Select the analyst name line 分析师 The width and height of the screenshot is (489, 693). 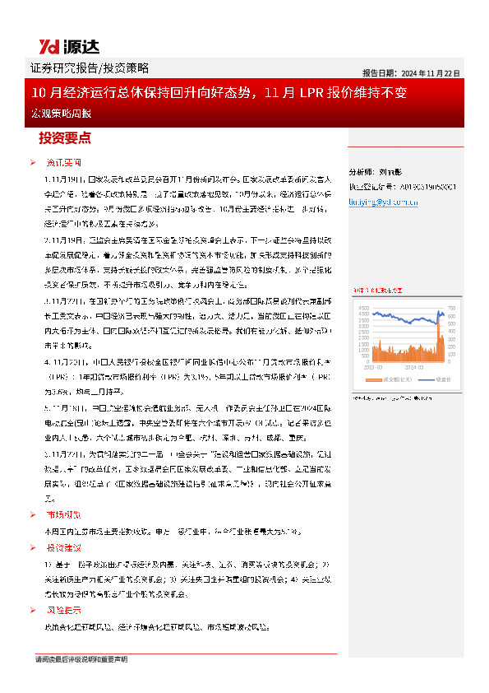[379, 173]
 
